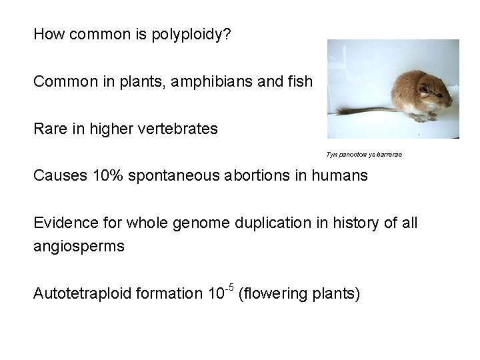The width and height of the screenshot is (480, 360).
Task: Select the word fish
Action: click(300, 81)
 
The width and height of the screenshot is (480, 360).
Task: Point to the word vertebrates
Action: click(181, 129)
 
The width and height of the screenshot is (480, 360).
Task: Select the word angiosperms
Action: click(79, 246)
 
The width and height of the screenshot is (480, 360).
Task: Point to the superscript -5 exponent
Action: click(228, 287)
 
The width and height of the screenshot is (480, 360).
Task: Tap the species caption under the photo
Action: click(364, 155)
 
